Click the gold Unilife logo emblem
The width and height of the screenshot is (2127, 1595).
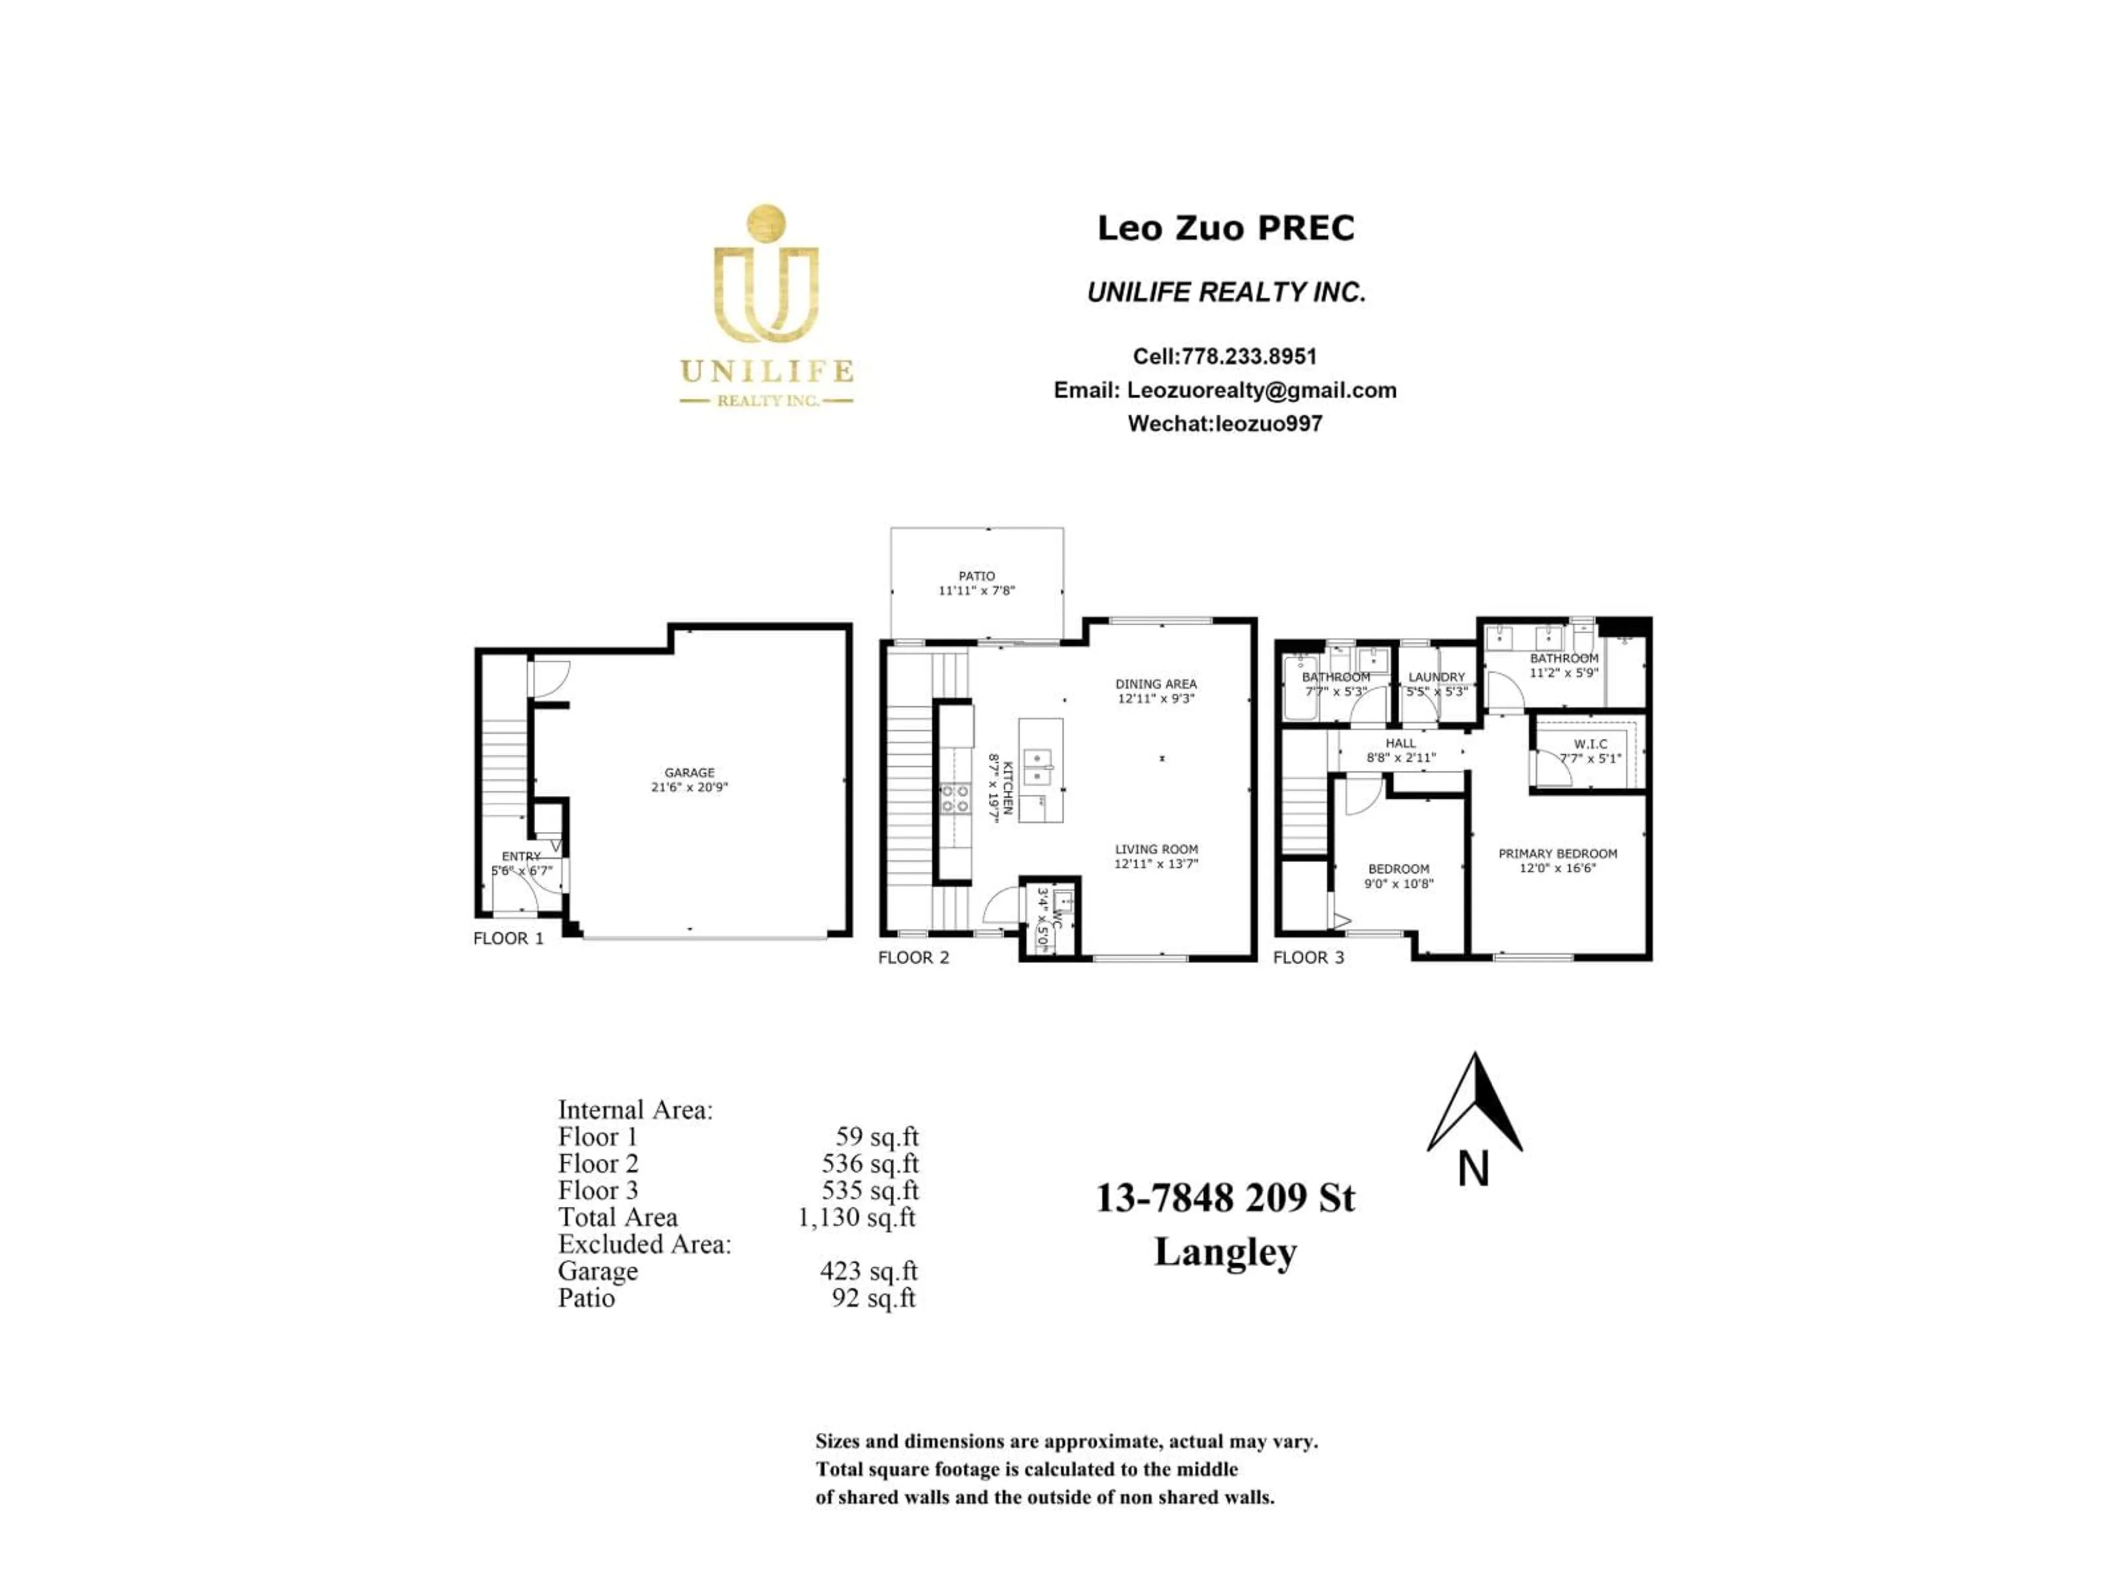(x=765, y=275)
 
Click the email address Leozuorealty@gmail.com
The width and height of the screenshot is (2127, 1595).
(x=1261, y=390)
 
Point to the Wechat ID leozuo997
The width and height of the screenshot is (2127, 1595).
(x=1268, y=424)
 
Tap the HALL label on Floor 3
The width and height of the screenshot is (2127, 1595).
(x=1400, y=743)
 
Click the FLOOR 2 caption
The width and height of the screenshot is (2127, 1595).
(x=912, y=958)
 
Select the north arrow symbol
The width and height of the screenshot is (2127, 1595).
(x=1474, y=1105)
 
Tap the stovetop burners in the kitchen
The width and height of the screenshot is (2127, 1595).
(x=955, y=798)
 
